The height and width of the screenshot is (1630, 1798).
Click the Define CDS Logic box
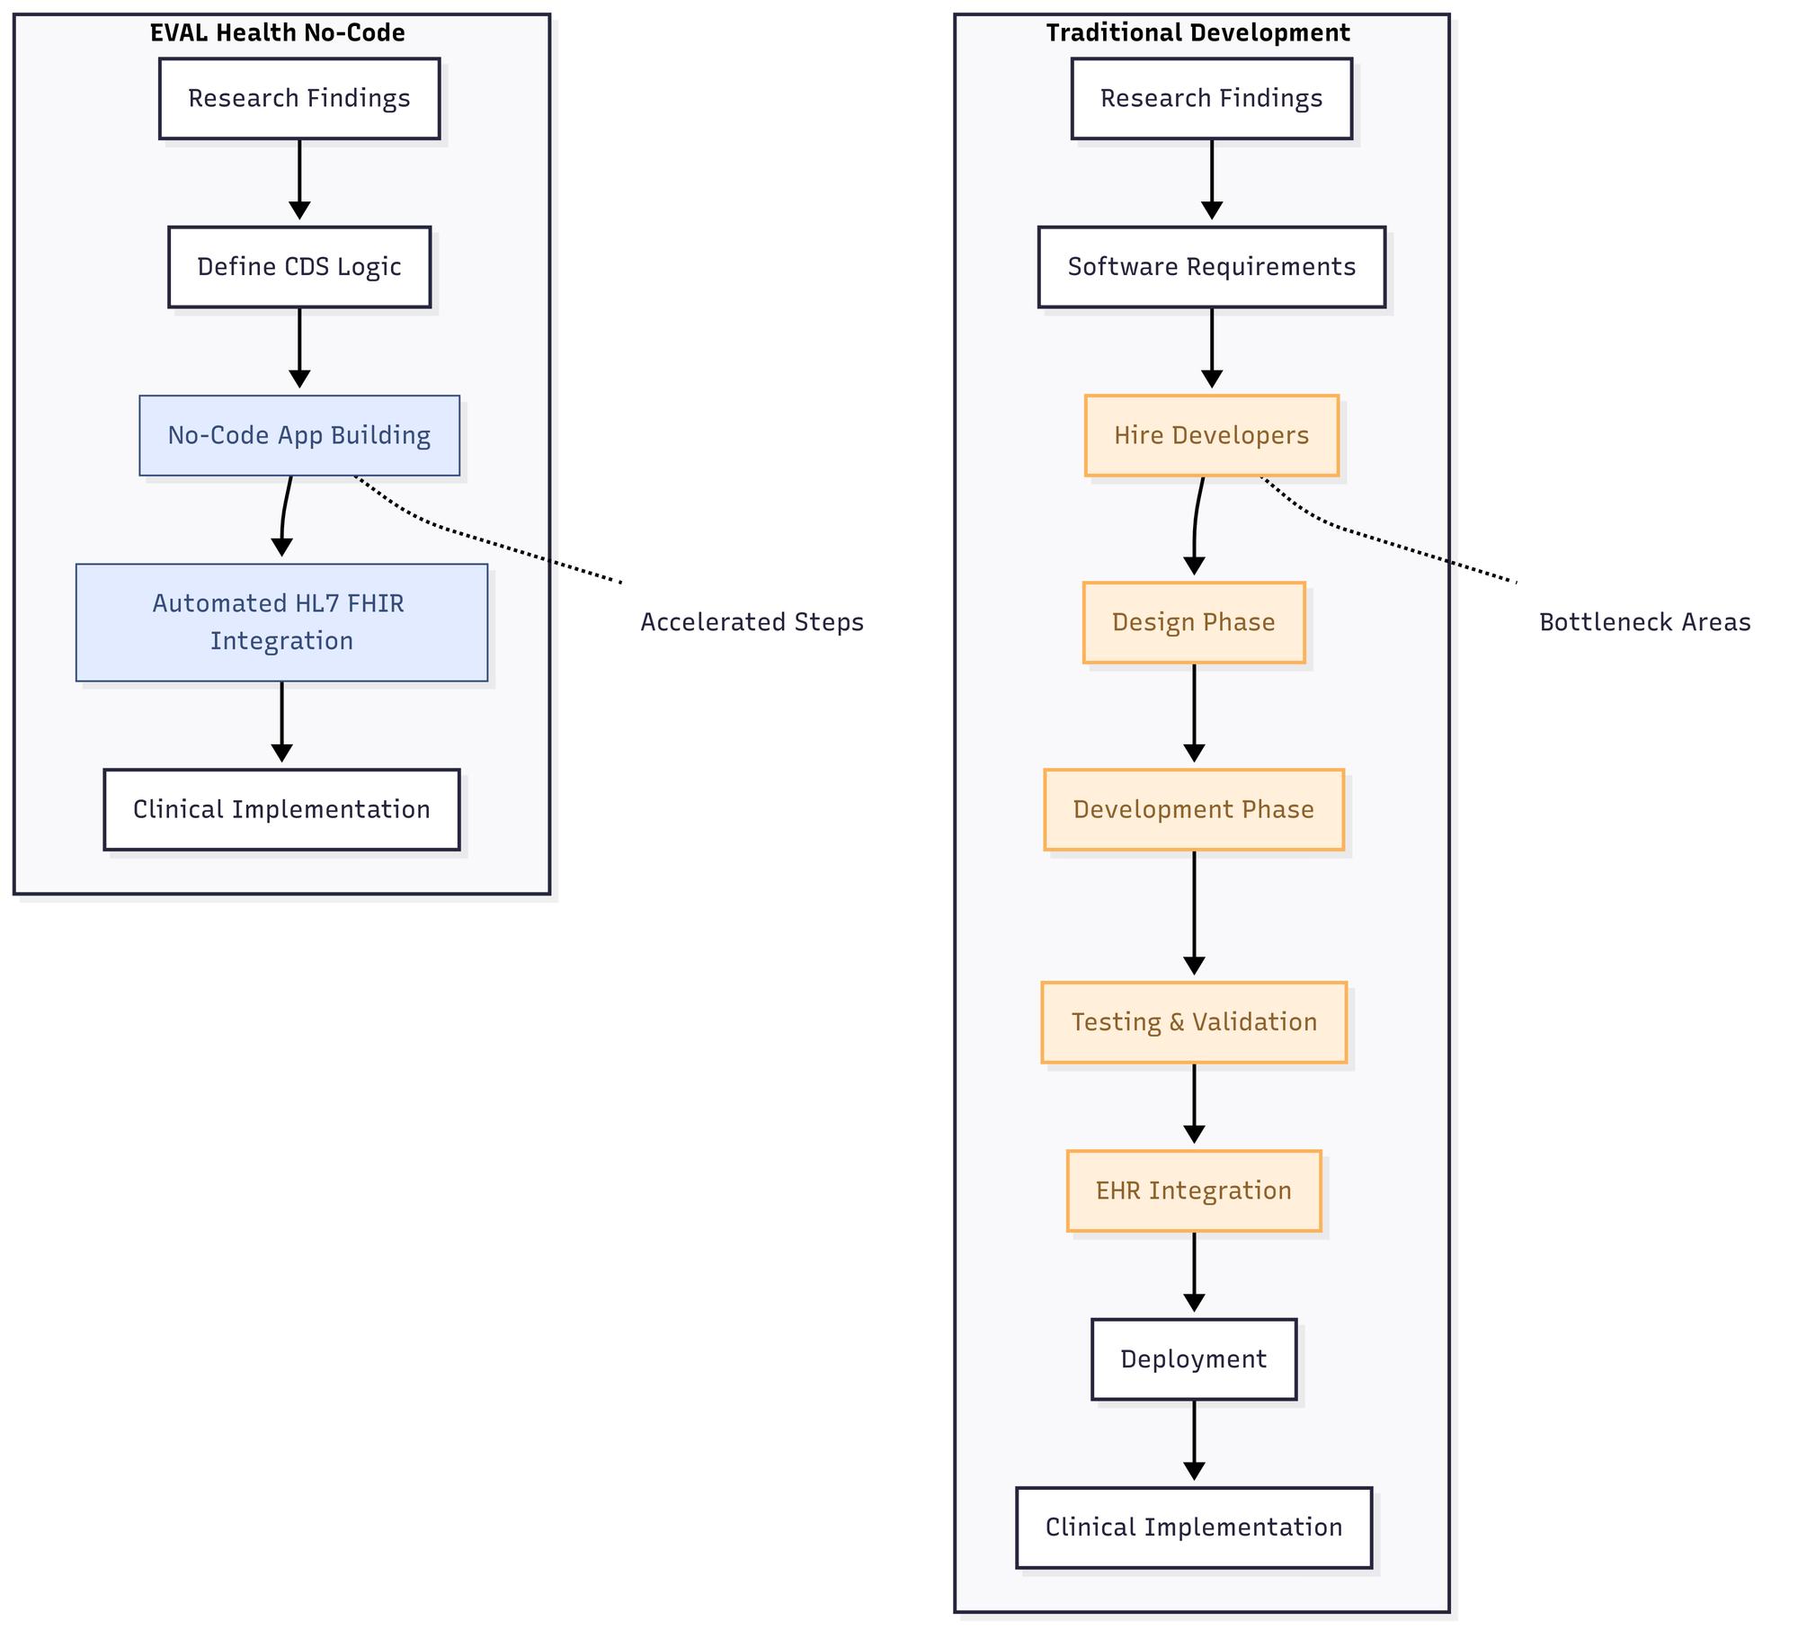299,267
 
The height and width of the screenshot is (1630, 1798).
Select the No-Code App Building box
299,435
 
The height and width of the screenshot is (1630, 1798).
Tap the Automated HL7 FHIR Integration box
281,622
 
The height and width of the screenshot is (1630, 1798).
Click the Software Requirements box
1211,267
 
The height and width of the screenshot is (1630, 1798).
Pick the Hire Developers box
1211,435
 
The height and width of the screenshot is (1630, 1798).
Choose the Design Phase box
1193,622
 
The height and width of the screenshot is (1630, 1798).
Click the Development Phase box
1193,809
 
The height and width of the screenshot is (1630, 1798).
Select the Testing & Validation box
1193,1022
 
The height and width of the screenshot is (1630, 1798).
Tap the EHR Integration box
1193,1190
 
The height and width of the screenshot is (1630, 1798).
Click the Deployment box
1193,1358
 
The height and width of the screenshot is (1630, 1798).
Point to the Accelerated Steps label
752,622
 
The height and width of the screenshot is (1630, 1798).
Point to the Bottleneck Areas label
1644,622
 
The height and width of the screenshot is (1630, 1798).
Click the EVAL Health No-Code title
277,33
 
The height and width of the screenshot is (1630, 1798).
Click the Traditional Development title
1197,33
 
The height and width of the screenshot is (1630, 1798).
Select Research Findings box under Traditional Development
1211,99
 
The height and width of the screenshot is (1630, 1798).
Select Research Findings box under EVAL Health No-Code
299,99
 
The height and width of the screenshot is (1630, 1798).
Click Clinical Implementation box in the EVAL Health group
281,809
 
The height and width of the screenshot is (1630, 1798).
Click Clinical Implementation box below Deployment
1193,1527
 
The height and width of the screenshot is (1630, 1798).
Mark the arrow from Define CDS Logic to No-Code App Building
299,346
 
